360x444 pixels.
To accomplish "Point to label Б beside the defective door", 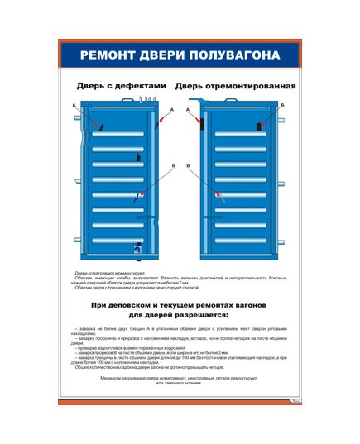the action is coord(74,107).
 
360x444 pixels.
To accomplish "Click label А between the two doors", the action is coord(171,110).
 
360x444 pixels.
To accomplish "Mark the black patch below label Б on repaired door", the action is coord(259,126).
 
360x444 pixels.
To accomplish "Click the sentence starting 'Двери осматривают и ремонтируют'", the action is coord(109,273).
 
